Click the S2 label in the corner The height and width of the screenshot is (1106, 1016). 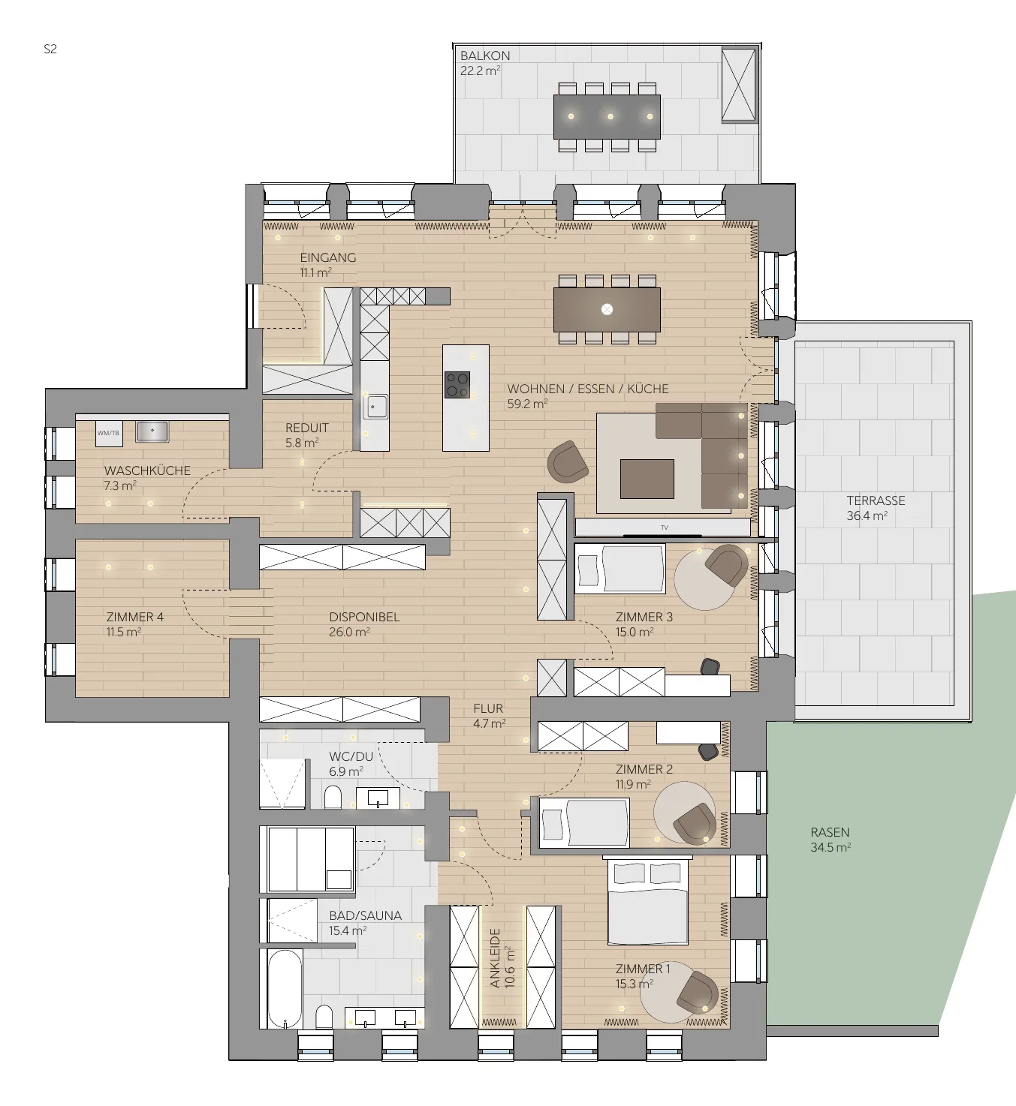click(50, 49)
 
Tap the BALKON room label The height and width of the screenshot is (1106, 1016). click(485, 56)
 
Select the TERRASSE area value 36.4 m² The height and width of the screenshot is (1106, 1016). click(867, 515)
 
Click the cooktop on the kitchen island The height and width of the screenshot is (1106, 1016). click(457, 384)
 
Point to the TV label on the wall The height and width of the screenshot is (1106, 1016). click(665, 527)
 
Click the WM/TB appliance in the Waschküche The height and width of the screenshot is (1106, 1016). click(109, 433)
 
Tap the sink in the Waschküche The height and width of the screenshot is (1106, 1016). click(152, 431)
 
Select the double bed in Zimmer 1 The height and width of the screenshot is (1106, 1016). click(648, 900)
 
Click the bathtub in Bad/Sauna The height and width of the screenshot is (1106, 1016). click(285, 988)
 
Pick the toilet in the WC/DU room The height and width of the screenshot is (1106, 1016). click(333, 797)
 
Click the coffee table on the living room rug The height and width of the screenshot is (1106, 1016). click(647, 479)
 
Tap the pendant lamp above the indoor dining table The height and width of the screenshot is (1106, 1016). click(607, 309)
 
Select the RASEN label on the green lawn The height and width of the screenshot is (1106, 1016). click(830, 832)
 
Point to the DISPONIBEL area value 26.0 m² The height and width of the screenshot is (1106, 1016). click(349, 632)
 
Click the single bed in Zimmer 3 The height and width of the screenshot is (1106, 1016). click(620, 569)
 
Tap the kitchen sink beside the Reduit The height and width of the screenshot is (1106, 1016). click(375, 407)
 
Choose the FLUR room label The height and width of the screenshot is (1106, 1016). click(488, 708)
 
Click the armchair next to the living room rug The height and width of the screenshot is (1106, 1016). click(568, 462)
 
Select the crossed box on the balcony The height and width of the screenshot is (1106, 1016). click(738, 84)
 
